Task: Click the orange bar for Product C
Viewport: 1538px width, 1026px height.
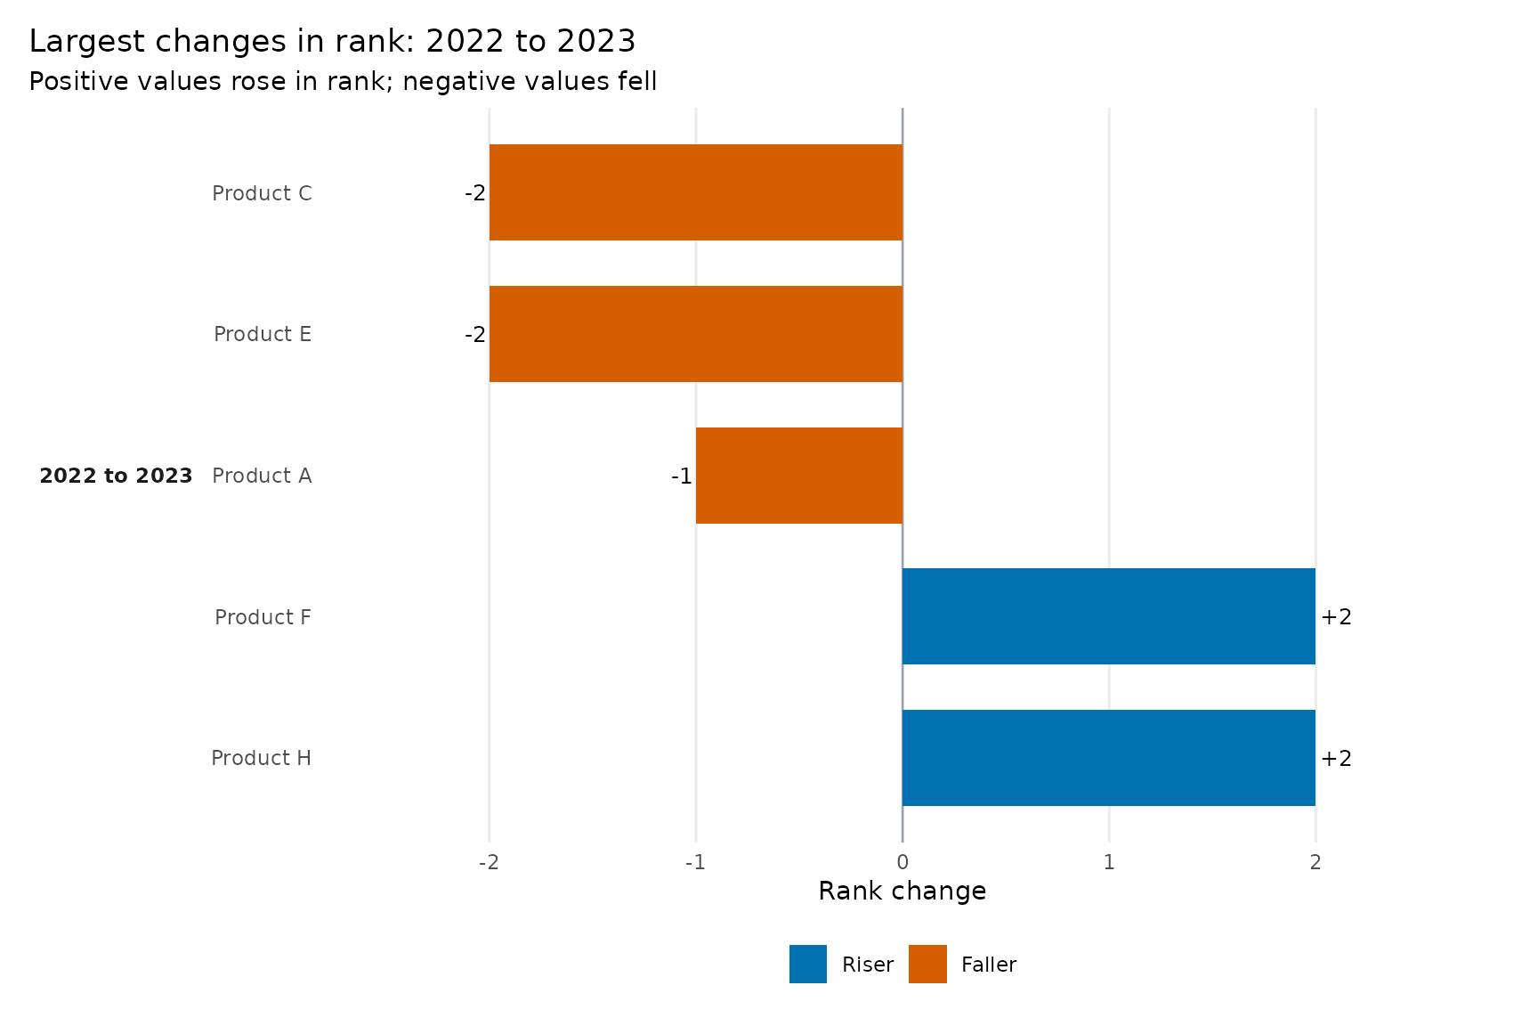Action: point(696,192)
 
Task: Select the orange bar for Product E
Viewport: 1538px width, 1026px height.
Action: point(696,334)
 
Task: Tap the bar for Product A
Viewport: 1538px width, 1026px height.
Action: point(799,476)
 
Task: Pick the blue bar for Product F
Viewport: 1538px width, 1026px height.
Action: point(1109,616)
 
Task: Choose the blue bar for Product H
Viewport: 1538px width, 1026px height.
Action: point(1109,758)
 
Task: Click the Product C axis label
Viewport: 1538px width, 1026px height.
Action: point(262,193)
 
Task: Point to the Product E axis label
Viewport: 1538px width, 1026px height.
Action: point(263,334)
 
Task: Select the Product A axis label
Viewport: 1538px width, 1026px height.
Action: point(262,476)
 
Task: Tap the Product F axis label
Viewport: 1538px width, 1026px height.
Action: point(263,617)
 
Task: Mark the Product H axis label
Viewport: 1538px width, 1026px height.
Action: point(262,758)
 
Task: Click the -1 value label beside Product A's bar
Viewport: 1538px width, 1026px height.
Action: point(682,476)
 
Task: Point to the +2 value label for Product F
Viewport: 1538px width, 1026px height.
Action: point(1336,617)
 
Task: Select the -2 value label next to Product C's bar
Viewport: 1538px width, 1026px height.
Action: point(475,193)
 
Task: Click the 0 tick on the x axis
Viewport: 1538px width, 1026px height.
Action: point(903,862)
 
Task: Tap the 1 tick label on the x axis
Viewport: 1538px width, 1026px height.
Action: point(1109,862)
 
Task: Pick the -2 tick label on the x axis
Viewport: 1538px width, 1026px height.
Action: point(489,862)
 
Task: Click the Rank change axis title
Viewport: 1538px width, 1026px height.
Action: point(903,891)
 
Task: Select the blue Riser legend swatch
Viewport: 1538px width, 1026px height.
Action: point(808,964)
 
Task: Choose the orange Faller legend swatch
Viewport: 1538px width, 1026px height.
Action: point(927,964)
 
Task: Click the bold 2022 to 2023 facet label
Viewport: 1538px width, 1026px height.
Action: point(116,476)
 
